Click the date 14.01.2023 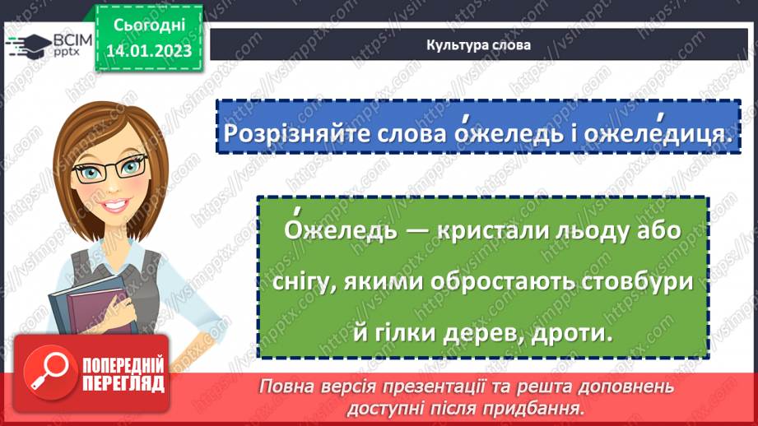(x=147, y=51)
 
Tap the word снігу (x=306, y=282)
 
